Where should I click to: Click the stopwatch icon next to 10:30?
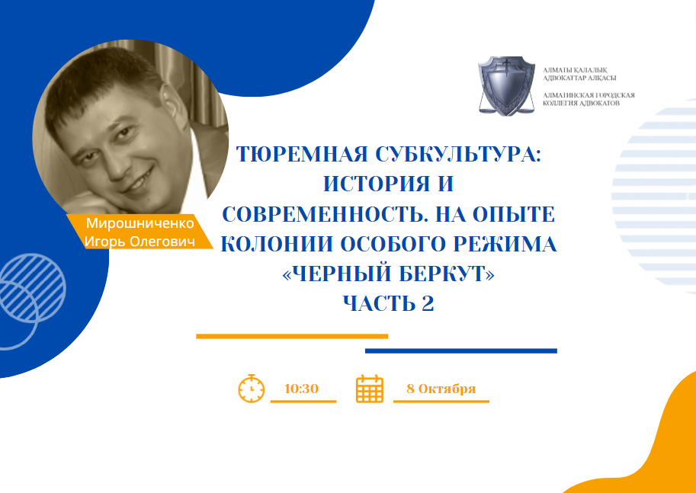252,389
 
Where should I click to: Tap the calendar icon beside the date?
369,389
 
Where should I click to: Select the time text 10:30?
302,389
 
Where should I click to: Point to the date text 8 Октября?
441,389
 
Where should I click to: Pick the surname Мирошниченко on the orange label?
140,223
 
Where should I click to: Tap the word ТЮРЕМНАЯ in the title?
302,154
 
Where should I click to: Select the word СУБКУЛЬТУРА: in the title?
458,154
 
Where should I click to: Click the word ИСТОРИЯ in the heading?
374,184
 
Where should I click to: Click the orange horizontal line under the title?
292,336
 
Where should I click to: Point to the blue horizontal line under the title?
460,351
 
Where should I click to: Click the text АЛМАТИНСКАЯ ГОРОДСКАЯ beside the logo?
589,95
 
